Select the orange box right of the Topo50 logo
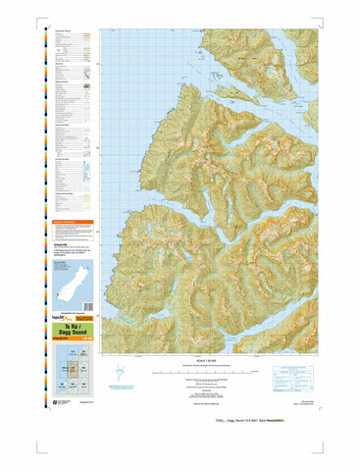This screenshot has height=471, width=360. [88, 319]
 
